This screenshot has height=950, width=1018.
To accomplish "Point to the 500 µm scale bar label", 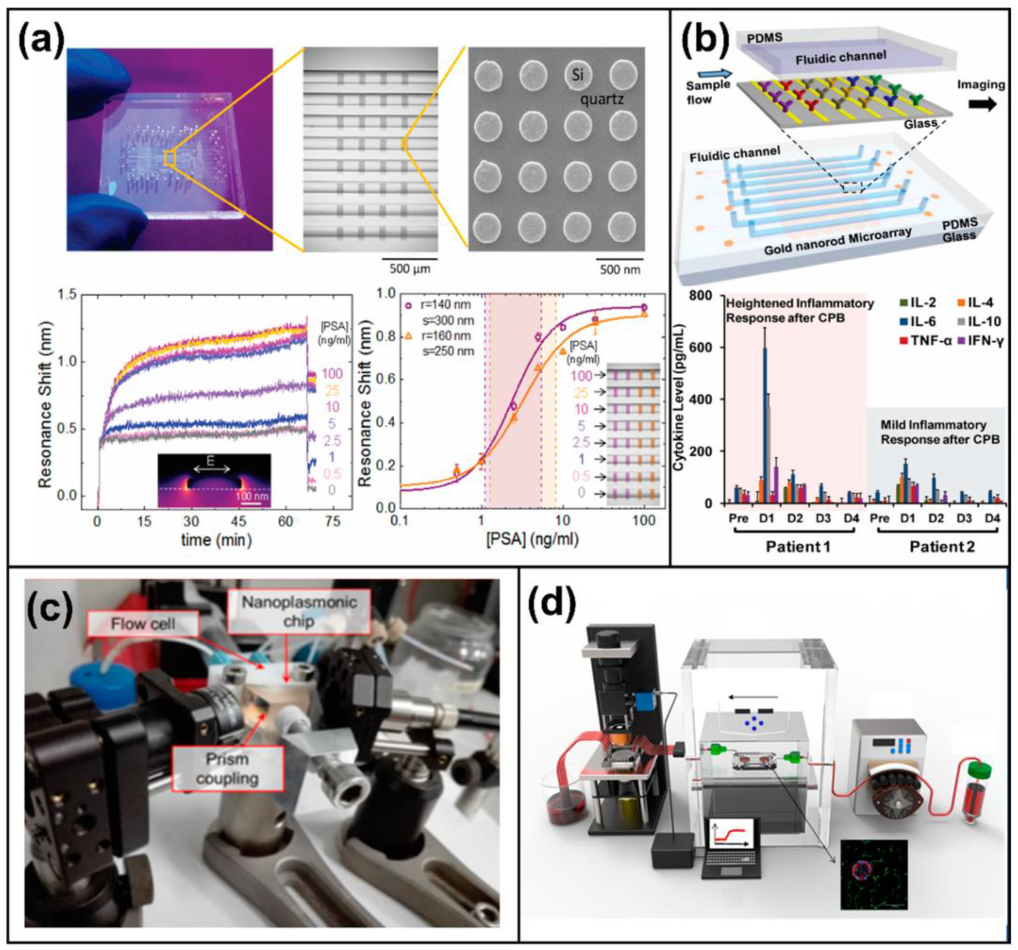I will pyautogui.click(x=410, y=268).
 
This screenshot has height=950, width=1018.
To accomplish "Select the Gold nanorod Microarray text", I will pyautogui.click(x=837, y=240).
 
